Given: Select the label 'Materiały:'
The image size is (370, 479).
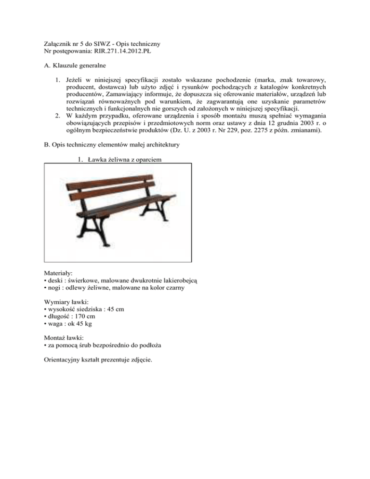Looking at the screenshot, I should coord(60,273).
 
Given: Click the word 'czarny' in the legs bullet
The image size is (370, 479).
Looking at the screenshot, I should coord(175,289).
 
